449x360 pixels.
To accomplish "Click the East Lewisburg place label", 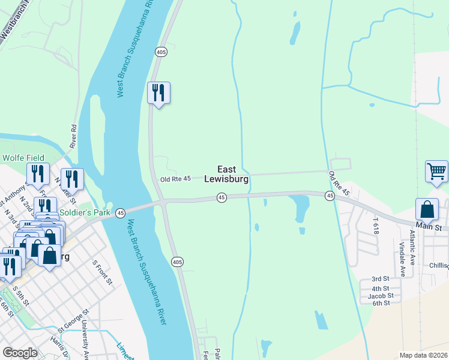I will click(x=226, y=174).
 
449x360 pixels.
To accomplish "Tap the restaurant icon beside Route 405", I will click(x=159, y=94).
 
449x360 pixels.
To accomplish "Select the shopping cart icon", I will click(x=436, y=172).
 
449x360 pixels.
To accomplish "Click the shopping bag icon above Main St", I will click(x=427, y=210).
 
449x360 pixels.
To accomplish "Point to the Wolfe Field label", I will click(x=23, y=158).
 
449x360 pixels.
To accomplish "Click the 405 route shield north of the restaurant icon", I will click(x=160, y=52).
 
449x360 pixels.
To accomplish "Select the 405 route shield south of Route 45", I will click(x=176, y=262).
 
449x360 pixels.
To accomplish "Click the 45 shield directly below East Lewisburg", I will click(x=221, y=197).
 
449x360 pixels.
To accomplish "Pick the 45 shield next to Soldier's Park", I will click(x=121, y=213).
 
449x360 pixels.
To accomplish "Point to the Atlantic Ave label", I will click(x=412, y=247).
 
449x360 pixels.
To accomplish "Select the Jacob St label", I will click(x=381, y=295).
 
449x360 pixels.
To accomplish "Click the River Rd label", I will click(x=74, y=137).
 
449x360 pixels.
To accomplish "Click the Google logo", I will click(x=20, y=353).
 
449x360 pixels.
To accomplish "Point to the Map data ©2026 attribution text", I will click(x=423, y=355).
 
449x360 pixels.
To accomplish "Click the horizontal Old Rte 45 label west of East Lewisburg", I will click(x=175, y=179).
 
